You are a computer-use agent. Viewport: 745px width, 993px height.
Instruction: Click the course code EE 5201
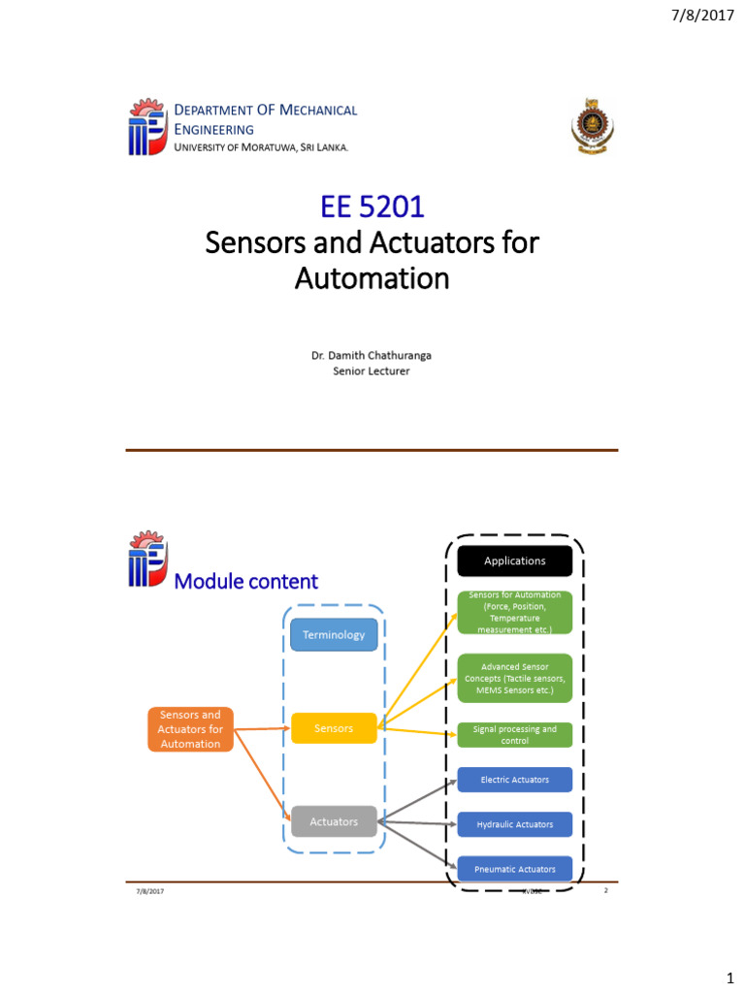click(372, 206)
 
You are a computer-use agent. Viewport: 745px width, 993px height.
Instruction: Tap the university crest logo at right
click(590, 126)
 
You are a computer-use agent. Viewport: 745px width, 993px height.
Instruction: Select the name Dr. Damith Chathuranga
click(372, 356)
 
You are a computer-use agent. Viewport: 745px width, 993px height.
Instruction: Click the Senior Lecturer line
click(372, 371)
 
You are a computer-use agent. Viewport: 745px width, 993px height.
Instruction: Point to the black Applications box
click(515, 561)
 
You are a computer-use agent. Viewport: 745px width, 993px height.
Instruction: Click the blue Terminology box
click(334, 635)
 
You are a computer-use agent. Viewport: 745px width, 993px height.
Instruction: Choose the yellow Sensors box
click(334, 728)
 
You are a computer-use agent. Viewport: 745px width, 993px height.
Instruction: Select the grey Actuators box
click(334, 822)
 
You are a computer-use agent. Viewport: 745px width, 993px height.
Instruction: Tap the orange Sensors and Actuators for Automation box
click(191, 729)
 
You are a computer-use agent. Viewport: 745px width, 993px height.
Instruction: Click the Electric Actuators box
click(515, 780)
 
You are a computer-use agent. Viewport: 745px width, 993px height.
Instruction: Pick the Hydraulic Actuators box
click(515, 824)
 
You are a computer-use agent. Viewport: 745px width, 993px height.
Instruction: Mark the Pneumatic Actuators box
click(515, 869)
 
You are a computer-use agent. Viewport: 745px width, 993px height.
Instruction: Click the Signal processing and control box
click(515, 734)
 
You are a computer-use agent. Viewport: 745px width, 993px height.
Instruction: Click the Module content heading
click(245, 582)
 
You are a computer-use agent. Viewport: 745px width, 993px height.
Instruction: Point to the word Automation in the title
click(372, 279)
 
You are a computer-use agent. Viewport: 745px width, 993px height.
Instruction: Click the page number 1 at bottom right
click(724, 971)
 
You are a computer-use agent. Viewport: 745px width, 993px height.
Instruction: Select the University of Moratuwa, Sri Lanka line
click(260, 147)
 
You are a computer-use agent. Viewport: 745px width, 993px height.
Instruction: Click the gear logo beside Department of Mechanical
click(146, 126)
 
